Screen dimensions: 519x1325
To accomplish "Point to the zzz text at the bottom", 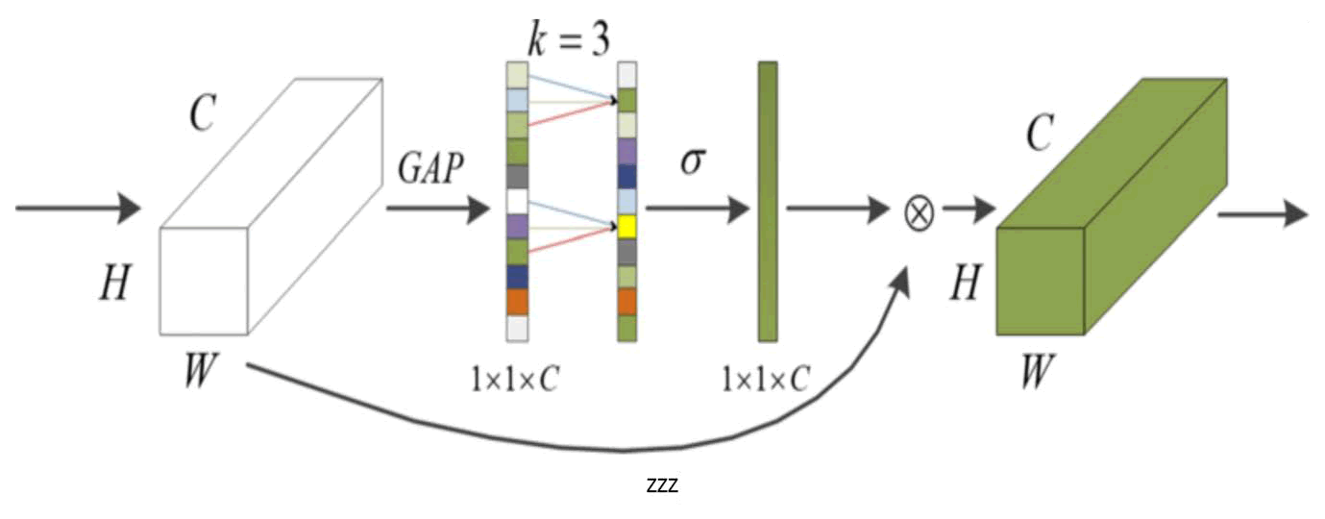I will pos(662,486).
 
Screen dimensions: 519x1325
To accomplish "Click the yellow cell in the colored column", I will pos(627,226).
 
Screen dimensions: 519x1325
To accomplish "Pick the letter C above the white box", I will pos(202,114).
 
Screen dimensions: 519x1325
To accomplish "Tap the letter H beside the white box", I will pos(114,284).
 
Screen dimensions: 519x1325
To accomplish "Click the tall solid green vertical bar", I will pos(767,201).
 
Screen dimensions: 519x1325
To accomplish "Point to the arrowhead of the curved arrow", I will pos(902,279).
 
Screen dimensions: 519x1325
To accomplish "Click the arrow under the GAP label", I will pos(437,208).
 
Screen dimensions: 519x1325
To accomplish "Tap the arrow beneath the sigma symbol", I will pos(697,208).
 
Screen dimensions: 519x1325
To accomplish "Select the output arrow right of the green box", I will pos(1263,212).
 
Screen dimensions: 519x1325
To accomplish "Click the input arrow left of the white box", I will pos(78,208).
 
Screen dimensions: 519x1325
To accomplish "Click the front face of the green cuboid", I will pos(1041,283).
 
